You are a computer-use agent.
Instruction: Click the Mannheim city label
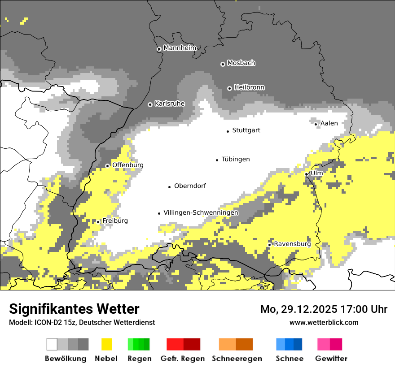click(180, 48)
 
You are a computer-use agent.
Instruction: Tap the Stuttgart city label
click(246, 130)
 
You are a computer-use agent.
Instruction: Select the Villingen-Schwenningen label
click(201, 213)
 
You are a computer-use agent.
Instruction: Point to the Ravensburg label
click(292, 244)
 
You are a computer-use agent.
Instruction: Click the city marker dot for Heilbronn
click(229, 88)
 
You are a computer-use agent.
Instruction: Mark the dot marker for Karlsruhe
click(150, 104)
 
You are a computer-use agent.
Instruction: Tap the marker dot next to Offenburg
click(108, 166)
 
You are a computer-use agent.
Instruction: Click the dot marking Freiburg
click(98, 222)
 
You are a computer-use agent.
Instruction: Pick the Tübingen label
click(236, 160)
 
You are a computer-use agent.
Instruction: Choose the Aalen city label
click(329, 123)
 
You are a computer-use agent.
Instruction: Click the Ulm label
click(317, 173)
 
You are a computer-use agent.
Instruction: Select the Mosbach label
click(241, 63)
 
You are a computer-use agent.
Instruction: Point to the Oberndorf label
click(190, 186)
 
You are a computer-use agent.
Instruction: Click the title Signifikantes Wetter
click(74, 309)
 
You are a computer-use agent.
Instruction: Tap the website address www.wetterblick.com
click(324, 322)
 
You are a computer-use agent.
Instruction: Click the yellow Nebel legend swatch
click(107, 344)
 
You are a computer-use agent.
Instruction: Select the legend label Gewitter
click(331, 359)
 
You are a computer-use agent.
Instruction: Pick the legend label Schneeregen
click(237, 359)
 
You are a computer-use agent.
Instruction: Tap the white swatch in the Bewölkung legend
click(52, 344)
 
